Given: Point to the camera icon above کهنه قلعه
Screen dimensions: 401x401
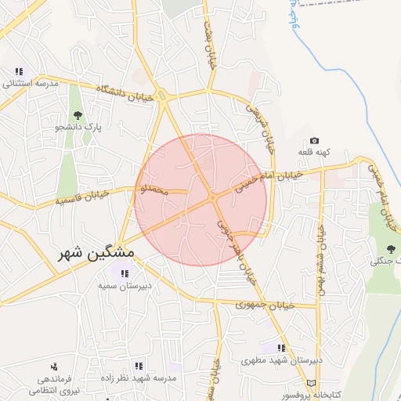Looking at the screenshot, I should coord(314,140).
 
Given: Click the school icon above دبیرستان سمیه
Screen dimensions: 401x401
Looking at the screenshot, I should coord(124,273).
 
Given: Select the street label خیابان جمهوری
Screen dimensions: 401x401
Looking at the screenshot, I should coord(264,304).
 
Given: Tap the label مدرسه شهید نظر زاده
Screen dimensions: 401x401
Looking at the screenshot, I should coord(139,378).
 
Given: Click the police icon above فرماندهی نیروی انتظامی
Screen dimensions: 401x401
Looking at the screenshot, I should coord(54,366).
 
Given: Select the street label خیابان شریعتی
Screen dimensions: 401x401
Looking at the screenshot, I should coord(261,126).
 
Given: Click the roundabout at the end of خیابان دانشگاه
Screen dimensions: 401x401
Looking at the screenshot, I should coord(162,96).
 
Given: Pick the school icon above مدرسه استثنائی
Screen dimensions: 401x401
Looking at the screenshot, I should coord(19,71).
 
